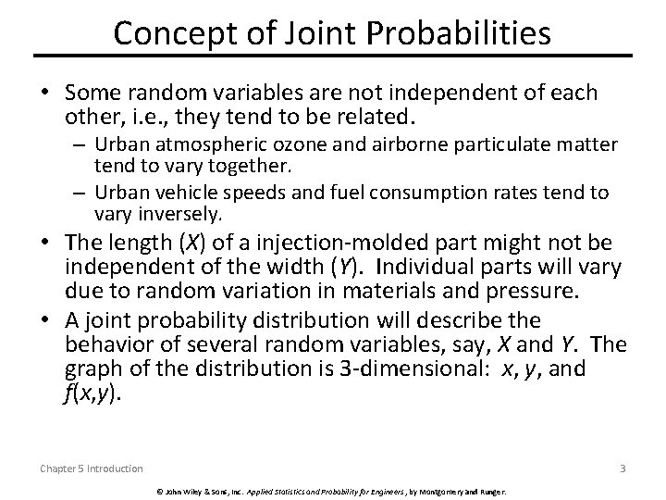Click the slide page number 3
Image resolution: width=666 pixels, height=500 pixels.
point(623,468)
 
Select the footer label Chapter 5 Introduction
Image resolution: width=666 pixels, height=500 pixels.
point(91,469)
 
